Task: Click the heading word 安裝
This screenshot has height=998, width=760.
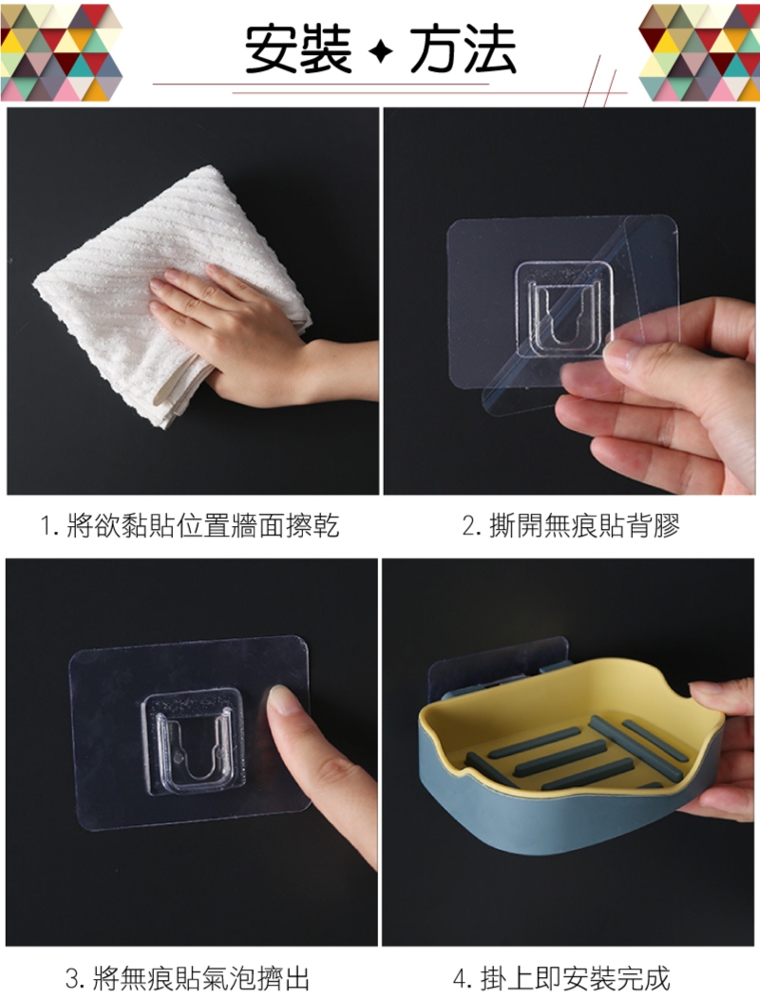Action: click(298, 48)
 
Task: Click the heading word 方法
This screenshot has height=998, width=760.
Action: click(463, 48)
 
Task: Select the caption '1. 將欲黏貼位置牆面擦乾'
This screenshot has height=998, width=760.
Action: click(190, 526)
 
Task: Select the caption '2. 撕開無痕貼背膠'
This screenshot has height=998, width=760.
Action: click(571, 526)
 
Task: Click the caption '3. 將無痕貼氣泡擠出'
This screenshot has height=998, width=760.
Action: click(188, 978)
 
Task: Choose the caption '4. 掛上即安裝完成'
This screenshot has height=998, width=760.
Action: click(561, 978)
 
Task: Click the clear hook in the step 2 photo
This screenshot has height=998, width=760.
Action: click(564, 308)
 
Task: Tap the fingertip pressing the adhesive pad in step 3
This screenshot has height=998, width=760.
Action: click(283, 700)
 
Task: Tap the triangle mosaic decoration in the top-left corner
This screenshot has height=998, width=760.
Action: click(61, 52)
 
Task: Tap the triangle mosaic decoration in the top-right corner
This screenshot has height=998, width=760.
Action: click(699, 52)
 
